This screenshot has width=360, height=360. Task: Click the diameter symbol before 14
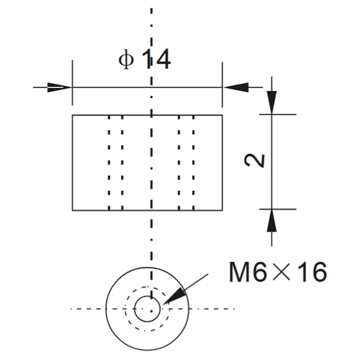(126, 60)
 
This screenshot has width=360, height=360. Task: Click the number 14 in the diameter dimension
(156, 59)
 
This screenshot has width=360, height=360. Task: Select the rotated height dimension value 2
(255, 160)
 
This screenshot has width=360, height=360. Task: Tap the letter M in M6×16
(240, 272)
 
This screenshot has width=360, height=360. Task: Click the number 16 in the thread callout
(314, 272)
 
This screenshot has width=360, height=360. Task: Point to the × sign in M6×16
(281, 272)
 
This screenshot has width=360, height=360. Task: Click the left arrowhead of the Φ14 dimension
(60, 87)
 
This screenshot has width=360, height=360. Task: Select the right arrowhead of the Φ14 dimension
(236, 87)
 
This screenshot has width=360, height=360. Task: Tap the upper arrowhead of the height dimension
(272, 102)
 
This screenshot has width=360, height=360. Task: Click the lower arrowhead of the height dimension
(272, 221)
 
